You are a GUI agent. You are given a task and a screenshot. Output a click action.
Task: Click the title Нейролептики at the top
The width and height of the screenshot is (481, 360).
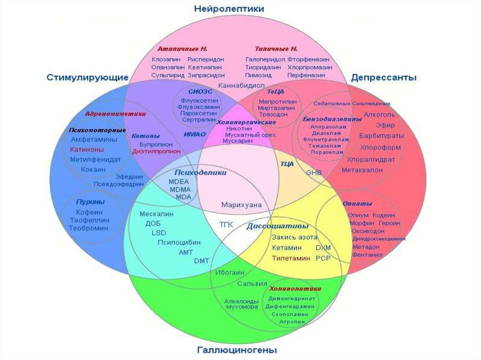(229, 9)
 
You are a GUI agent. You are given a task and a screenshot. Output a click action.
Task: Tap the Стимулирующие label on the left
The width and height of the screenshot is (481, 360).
(87, 77)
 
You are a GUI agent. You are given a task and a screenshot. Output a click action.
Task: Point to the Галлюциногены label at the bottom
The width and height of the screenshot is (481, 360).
(237, 350)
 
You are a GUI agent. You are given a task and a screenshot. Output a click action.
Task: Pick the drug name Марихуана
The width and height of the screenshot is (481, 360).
(241, 205)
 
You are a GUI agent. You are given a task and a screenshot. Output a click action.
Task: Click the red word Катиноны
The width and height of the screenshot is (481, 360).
(87, 149)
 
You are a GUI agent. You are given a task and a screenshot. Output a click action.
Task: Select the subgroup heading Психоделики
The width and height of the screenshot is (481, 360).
(201, 172)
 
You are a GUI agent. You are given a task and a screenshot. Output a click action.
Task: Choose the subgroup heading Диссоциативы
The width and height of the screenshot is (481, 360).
(277, 226)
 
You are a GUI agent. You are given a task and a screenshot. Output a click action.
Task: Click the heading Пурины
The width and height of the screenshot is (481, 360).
(90, 201)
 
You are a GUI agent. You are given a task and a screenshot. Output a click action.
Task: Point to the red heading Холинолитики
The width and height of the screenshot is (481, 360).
(295, 289)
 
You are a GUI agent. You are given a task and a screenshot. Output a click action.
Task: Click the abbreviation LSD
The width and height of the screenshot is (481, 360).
(159, 233)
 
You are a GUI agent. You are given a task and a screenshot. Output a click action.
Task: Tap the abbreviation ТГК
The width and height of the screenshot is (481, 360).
(226, 224)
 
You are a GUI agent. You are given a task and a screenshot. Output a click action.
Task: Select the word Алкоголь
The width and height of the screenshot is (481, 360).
(380, 115)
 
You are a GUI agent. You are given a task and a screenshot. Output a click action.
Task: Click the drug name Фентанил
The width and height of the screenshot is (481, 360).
(367, 255)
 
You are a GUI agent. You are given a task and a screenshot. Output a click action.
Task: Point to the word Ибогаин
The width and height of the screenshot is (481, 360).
(230, 273)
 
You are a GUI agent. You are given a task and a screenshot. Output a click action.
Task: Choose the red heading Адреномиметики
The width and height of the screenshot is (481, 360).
(115, 114)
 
